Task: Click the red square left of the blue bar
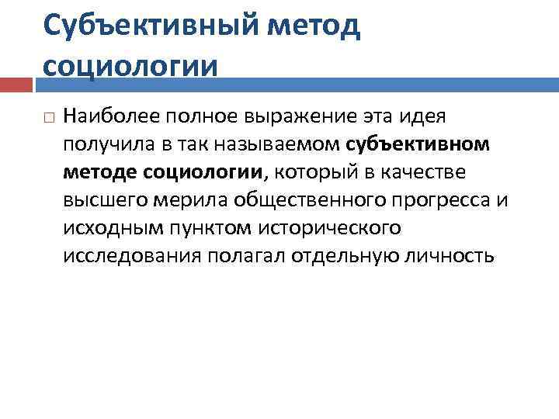pyautogui.click(x=19, y=83)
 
